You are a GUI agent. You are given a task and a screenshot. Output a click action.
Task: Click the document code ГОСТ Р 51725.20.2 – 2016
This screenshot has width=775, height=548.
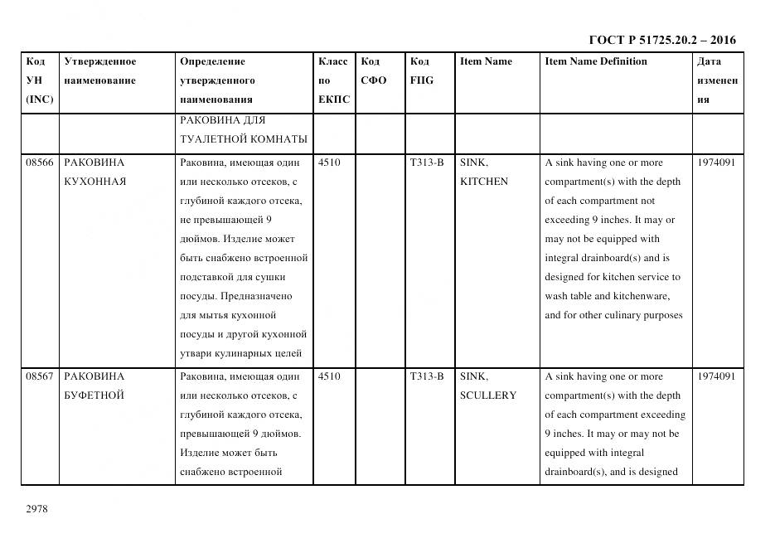click(x=661, y=40)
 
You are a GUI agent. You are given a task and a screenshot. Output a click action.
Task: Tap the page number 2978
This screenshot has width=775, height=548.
click(x=37, y=509)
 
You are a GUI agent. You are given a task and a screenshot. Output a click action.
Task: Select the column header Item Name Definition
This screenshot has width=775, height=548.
click(x=596, y=61)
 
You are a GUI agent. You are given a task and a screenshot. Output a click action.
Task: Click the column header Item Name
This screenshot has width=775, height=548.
click(x=486, y=61)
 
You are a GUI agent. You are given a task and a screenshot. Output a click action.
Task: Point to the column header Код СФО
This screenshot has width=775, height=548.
click(x=374, y=71)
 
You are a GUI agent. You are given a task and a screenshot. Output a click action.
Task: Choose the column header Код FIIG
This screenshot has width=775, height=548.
click(x=421, y=71)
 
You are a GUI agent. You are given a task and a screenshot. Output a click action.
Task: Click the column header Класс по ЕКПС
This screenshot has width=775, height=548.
click(x=333, y=80)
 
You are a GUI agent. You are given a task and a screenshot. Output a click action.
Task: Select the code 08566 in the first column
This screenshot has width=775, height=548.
click(x=40, y=162)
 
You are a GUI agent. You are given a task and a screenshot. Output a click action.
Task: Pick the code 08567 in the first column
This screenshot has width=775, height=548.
click(x=40, y=376)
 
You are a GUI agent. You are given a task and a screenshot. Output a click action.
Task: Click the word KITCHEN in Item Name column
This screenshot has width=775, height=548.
click(x=484, y=182)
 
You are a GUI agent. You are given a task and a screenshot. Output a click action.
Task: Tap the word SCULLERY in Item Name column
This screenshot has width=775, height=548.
click(x=488, y=395)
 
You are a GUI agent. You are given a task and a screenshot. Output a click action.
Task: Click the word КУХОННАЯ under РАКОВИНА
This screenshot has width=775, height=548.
click(x=95, y=182)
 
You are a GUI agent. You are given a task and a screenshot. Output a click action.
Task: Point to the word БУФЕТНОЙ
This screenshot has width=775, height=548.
click(x=94, y=395)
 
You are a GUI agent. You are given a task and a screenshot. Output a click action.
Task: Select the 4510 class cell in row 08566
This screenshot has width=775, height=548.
click(x=329, y=162)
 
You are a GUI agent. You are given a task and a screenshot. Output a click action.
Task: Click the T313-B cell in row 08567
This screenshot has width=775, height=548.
click(x=427, y=376)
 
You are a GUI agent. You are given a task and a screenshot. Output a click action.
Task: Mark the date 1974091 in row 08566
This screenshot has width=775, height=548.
click(x=716, y=162)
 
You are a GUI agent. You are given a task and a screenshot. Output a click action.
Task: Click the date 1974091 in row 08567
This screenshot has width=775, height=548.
click(x=716, y=376)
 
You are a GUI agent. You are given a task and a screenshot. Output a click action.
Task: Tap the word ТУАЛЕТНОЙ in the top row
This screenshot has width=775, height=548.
click(x=212, y=138)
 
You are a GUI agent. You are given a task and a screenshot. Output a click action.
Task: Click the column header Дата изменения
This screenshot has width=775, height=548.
click(x=717, y=80)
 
